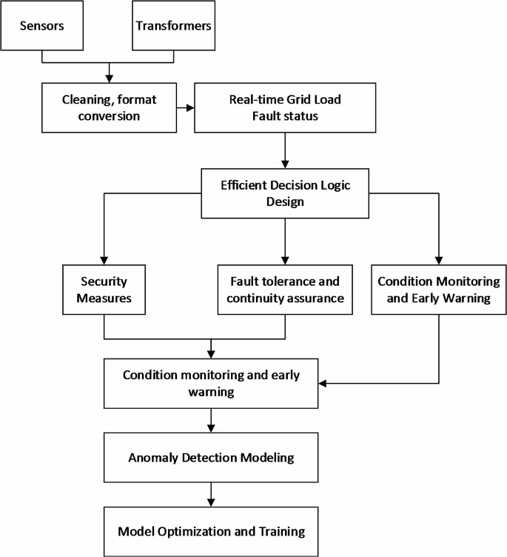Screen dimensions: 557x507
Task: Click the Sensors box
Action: coord(42,25)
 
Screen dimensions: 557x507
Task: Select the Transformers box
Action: coord(173,25)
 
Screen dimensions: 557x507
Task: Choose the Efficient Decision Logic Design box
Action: coord(284,193)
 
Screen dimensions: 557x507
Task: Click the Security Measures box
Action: coord(104,290)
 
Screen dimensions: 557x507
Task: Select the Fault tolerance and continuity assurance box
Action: coord(284,290)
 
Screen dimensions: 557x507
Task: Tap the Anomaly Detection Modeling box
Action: coord(212,458)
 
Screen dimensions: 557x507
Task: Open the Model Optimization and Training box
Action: coord(212,531)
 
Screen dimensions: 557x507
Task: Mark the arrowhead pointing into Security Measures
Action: coord(104,259)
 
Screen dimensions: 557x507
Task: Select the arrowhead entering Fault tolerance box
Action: coord(284,259)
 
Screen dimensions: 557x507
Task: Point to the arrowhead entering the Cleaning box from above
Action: coord(110,76)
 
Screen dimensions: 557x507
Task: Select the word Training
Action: coord(281,531)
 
